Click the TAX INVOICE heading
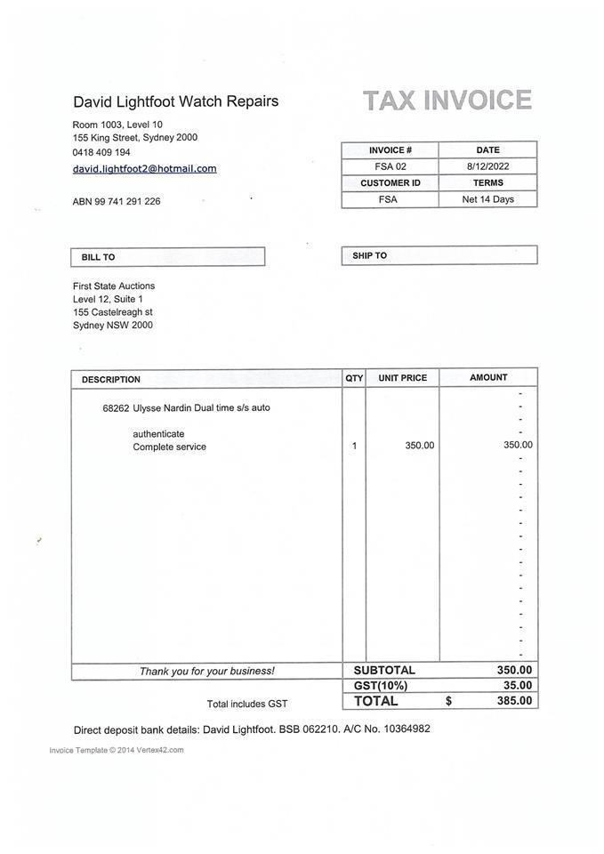[447, 101]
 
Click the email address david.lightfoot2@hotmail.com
[144, 169]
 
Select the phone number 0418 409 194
[101, 152]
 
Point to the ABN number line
[117, 202]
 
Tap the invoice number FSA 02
[390, 166]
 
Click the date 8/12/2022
[487, 166]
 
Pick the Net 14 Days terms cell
[487, 199]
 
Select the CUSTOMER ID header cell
[390, 183]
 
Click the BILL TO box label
[98, 257]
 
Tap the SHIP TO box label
[369, 256]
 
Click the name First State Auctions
[114, 286]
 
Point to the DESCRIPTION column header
[111, 380]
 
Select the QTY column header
[354, 378]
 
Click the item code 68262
[116, 408]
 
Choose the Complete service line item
[169, 447]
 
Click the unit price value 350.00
[420, 446]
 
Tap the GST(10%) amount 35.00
[517, 686]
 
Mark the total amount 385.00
[514, 701]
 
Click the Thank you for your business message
[206, 672]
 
